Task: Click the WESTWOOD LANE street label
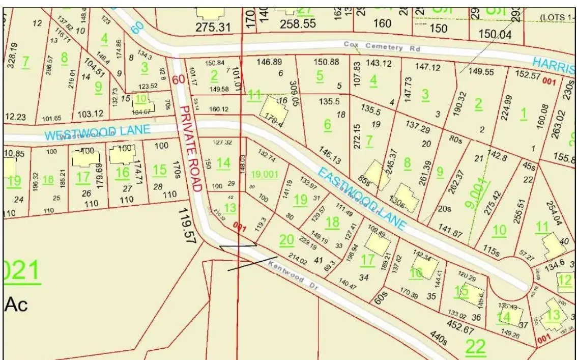tap(97, 132)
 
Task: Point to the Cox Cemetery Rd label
tap(373, 45)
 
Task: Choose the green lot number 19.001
tap(265, 174)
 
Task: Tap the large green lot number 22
tap(476, 347)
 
